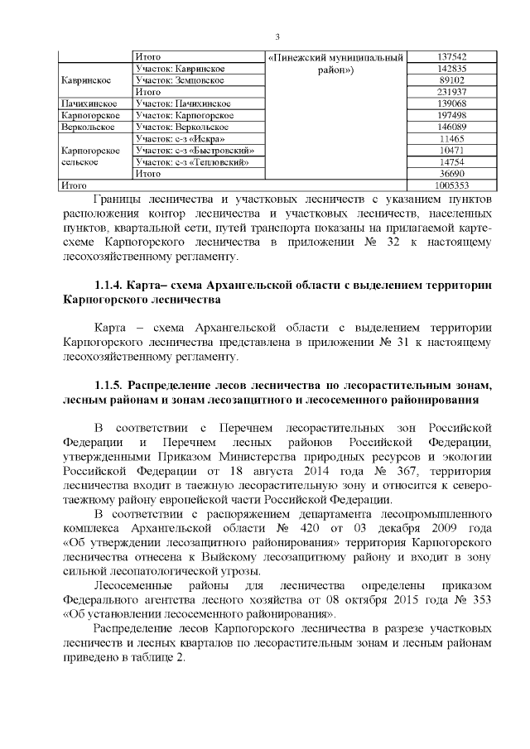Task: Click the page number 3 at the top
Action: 277,37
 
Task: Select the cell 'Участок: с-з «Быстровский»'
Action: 193,151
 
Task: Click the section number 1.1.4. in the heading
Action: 113,286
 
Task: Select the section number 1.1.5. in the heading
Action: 113,387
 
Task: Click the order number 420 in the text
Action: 320,527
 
